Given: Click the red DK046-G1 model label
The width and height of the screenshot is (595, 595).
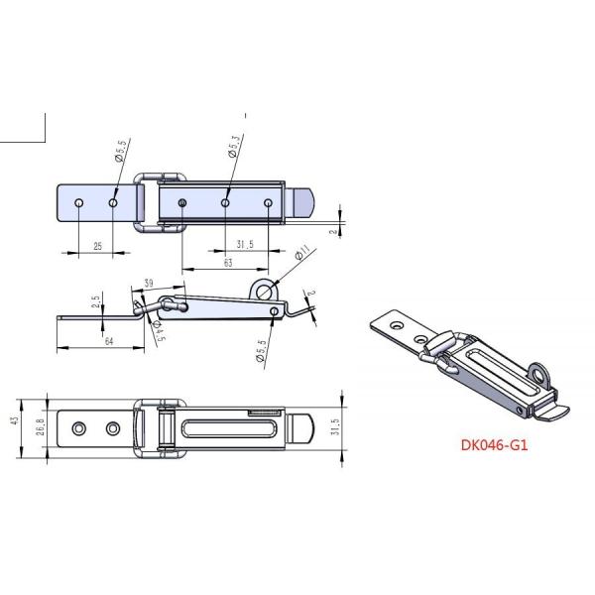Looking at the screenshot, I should click(x=494, y=445).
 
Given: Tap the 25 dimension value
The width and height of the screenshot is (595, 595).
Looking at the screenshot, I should click(x=96, y=244).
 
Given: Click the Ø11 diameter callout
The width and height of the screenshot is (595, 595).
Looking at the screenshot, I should click(x=301, y=255).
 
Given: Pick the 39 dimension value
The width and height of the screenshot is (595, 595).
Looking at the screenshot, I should click(x=148, y=284).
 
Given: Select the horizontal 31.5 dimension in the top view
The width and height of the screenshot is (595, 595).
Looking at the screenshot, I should click(x=247, y=244).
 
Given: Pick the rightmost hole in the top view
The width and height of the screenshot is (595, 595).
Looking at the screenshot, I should click(x=268, y=203).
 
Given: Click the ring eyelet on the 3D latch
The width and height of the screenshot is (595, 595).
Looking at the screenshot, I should click(x=540, y=374).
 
